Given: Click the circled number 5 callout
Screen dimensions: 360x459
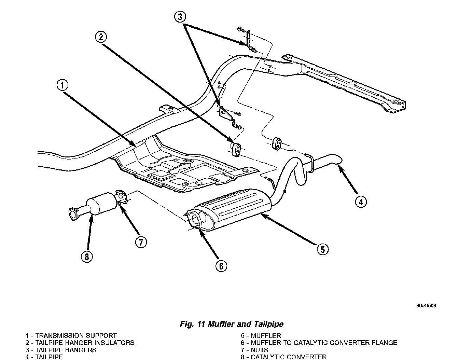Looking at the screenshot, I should click(322, 249).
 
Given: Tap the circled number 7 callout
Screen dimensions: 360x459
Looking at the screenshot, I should click(140, 242).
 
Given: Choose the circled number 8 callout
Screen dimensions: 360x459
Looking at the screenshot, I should click(87, 257).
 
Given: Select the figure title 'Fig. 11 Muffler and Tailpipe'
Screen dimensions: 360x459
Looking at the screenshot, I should click(232, 324).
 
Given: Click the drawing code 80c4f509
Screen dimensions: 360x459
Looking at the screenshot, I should click(426, 306).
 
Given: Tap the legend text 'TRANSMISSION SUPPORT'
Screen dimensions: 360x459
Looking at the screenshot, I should click(76, 336).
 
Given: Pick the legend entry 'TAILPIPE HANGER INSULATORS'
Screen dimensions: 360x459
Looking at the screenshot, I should click(85, 343).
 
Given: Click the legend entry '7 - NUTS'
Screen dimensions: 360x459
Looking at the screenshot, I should click(254, 350).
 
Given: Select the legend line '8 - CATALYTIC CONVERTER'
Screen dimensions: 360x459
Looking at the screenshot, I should click(283, 357).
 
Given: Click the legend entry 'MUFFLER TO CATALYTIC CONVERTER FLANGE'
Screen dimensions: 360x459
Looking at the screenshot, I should click(324, 343).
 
